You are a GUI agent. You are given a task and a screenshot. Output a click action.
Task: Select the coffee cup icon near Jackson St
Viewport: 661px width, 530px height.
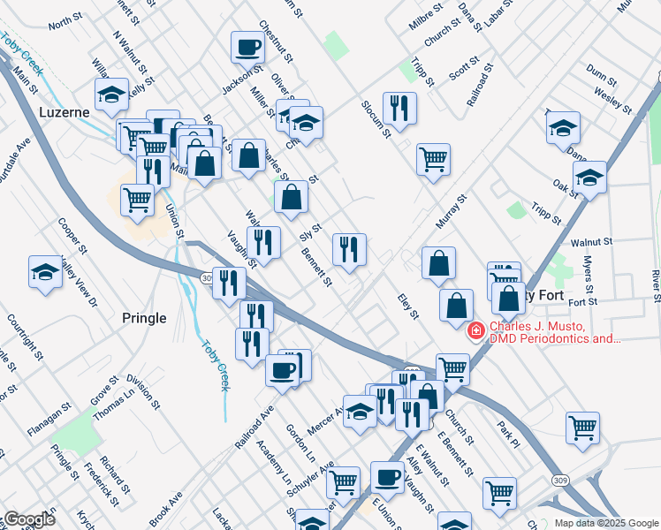point(248,46)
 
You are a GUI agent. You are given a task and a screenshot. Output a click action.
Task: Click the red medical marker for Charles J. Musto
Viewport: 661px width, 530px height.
point(475,330)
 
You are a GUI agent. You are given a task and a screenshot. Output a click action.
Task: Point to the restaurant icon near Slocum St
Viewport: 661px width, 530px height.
point(399,109)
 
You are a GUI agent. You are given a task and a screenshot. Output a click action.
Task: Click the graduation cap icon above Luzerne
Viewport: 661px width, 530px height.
point(112,94)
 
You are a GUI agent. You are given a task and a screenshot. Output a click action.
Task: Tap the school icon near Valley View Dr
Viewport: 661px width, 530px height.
point(45,272)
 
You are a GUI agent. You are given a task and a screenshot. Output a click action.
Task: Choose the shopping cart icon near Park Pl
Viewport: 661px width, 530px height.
point(583,428)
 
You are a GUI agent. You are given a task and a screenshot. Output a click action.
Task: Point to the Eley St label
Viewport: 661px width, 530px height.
point(407,307)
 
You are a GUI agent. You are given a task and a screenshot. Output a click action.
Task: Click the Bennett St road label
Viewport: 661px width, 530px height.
point(316,269)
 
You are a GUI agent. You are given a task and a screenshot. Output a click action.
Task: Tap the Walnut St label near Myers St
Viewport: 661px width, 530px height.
point(591,241)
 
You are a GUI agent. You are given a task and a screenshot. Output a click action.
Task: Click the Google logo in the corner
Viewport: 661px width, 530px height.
point(29,519)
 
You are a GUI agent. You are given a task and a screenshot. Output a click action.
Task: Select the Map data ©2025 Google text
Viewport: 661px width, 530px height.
point(606,523)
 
